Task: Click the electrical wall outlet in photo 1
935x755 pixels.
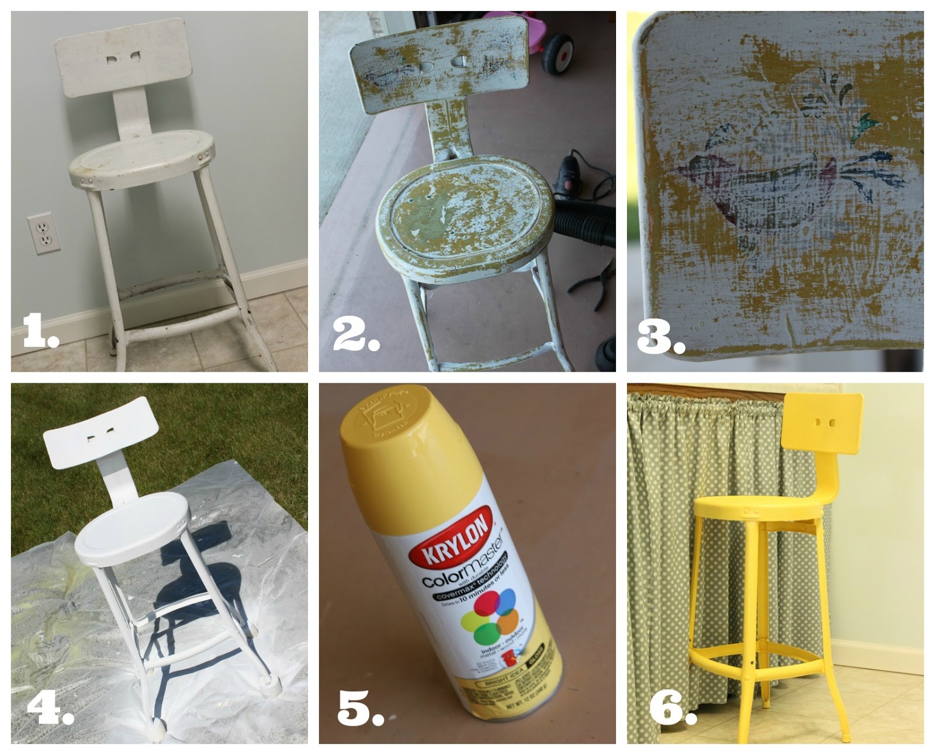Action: coord(44,233)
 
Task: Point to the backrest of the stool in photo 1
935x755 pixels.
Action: coord(123,57)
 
